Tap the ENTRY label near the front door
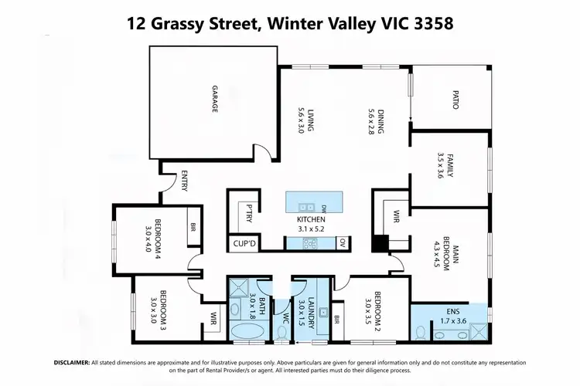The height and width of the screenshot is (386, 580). (x=184, y=181)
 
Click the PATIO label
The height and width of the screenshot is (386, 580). (x=455, y=100)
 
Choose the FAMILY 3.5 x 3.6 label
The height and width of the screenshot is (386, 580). (x=445, y=165)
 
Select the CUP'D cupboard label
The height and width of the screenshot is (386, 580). (x=244, y=243)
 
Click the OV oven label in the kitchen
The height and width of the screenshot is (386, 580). (x=342, y=243)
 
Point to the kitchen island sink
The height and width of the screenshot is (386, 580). (x=304, y=207)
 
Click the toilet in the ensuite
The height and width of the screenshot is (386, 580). (x=420, y=332)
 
